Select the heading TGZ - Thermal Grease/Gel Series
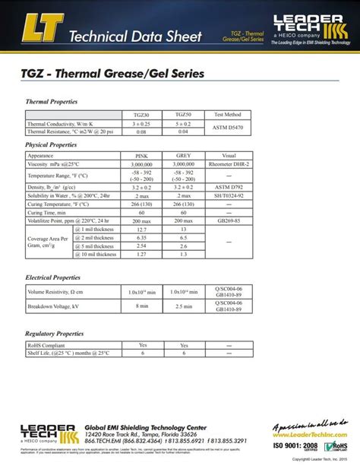[112, 74]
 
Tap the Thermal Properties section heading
[52, 101]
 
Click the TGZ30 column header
[141, 114]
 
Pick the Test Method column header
[228, 114]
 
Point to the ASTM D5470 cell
[228, 127]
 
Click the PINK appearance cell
[141, 155]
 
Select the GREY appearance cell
[184, 155]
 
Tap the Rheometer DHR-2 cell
[228, 163]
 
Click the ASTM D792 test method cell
[228, 186]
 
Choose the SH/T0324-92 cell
[228, 195]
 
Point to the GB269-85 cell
[228, 220]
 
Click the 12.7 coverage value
[141, 229]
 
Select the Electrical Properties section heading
[53, 277]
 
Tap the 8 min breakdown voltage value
[141, 306]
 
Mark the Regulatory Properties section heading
[55, 333]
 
